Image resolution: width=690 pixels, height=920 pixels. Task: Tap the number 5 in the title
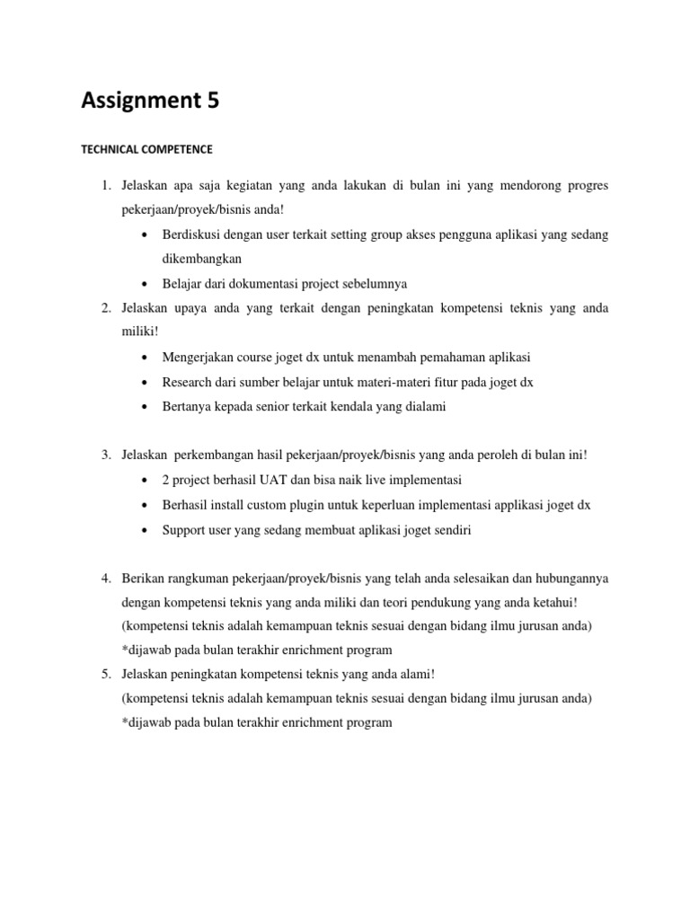[212, 102]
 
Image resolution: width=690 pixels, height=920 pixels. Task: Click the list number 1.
[104, 186]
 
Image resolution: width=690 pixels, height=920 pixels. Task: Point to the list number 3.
[104, 456]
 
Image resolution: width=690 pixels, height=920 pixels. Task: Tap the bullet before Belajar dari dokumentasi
[146, 284]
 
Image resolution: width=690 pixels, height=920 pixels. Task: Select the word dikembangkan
[204, 259]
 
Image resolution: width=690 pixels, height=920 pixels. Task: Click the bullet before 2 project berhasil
[146, 481]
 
